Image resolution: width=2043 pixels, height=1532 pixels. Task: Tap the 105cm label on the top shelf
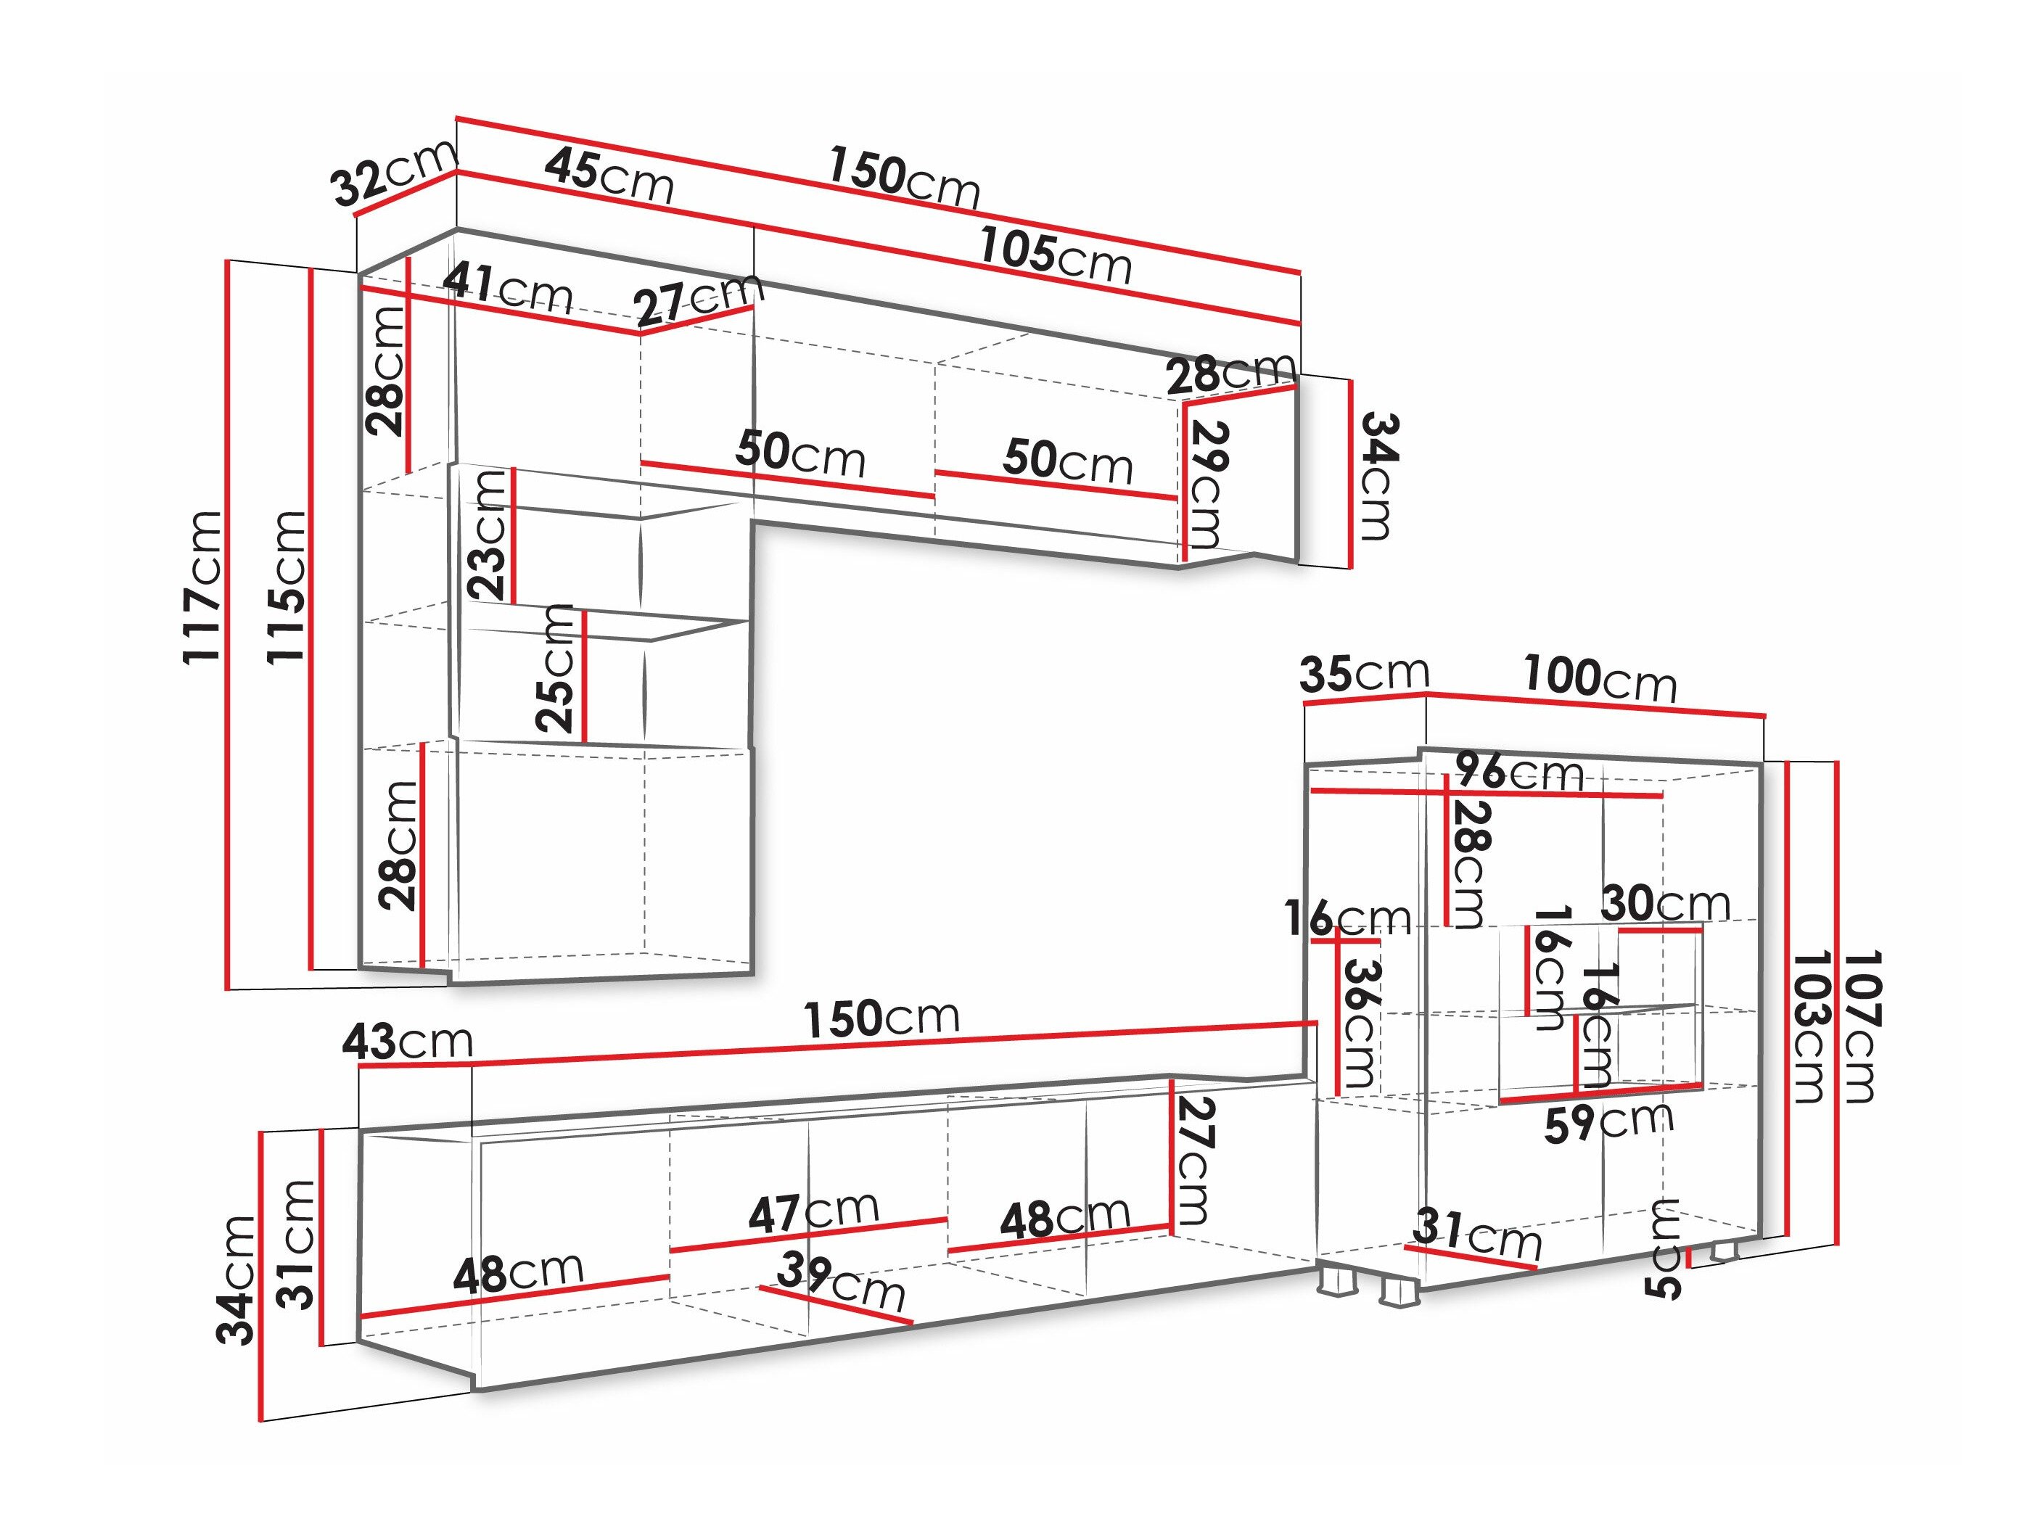[x=1055, y=256]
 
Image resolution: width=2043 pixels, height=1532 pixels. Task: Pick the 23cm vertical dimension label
[x=488, y=535]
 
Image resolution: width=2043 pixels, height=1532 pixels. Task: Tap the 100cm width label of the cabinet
[x=1600, y=679]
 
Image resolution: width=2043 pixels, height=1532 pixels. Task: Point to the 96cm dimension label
[x=1520, y=771]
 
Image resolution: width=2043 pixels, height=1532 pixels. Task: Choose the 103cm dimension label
[x=1806, y=1026]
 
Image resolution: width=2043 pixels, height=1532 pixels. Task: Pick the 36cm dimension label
[x=1359, y=1024]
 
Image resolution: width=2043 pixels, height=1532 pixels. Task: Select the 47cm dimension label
[x=813, y=1213]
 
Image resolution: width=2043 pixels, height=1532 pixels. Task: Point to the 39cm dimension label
[x=840, y=1282]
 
